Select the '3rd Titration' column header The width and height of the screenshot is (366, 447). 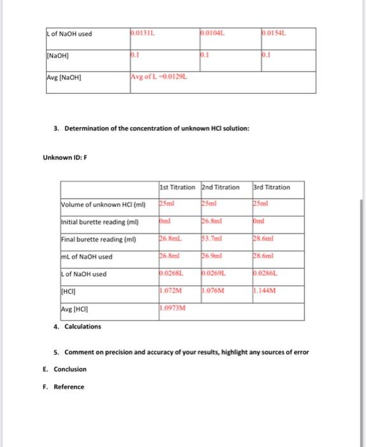pyautogui.click(x=271, y=187)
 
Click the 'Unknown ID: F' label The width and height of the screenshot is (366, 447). pyautogui.click(x=64, y=157)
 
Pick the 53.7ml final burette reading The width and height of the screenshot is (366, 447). pyautogui.click(x=212, y=236)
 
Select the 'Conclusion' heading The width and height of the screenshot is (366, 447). pyautogui.click(x=70, y=369)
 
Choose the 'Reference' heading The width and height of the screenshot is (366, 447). pyautogui.click(x=68, y=386)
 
